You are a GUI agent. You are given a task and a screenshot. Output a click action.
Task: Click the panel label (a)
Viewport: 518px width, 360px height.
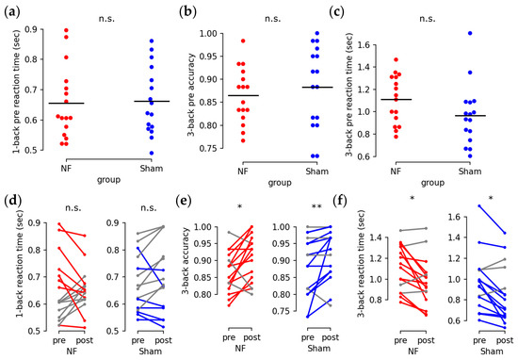coord(15,10)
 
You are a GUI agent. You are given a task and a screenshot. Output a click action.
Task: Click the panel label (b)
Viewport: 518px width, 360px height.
coord(188,10)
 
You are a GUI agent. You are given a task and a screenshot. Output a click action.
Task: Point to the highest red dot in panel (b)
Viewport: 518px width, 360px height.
coord(242,41)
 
